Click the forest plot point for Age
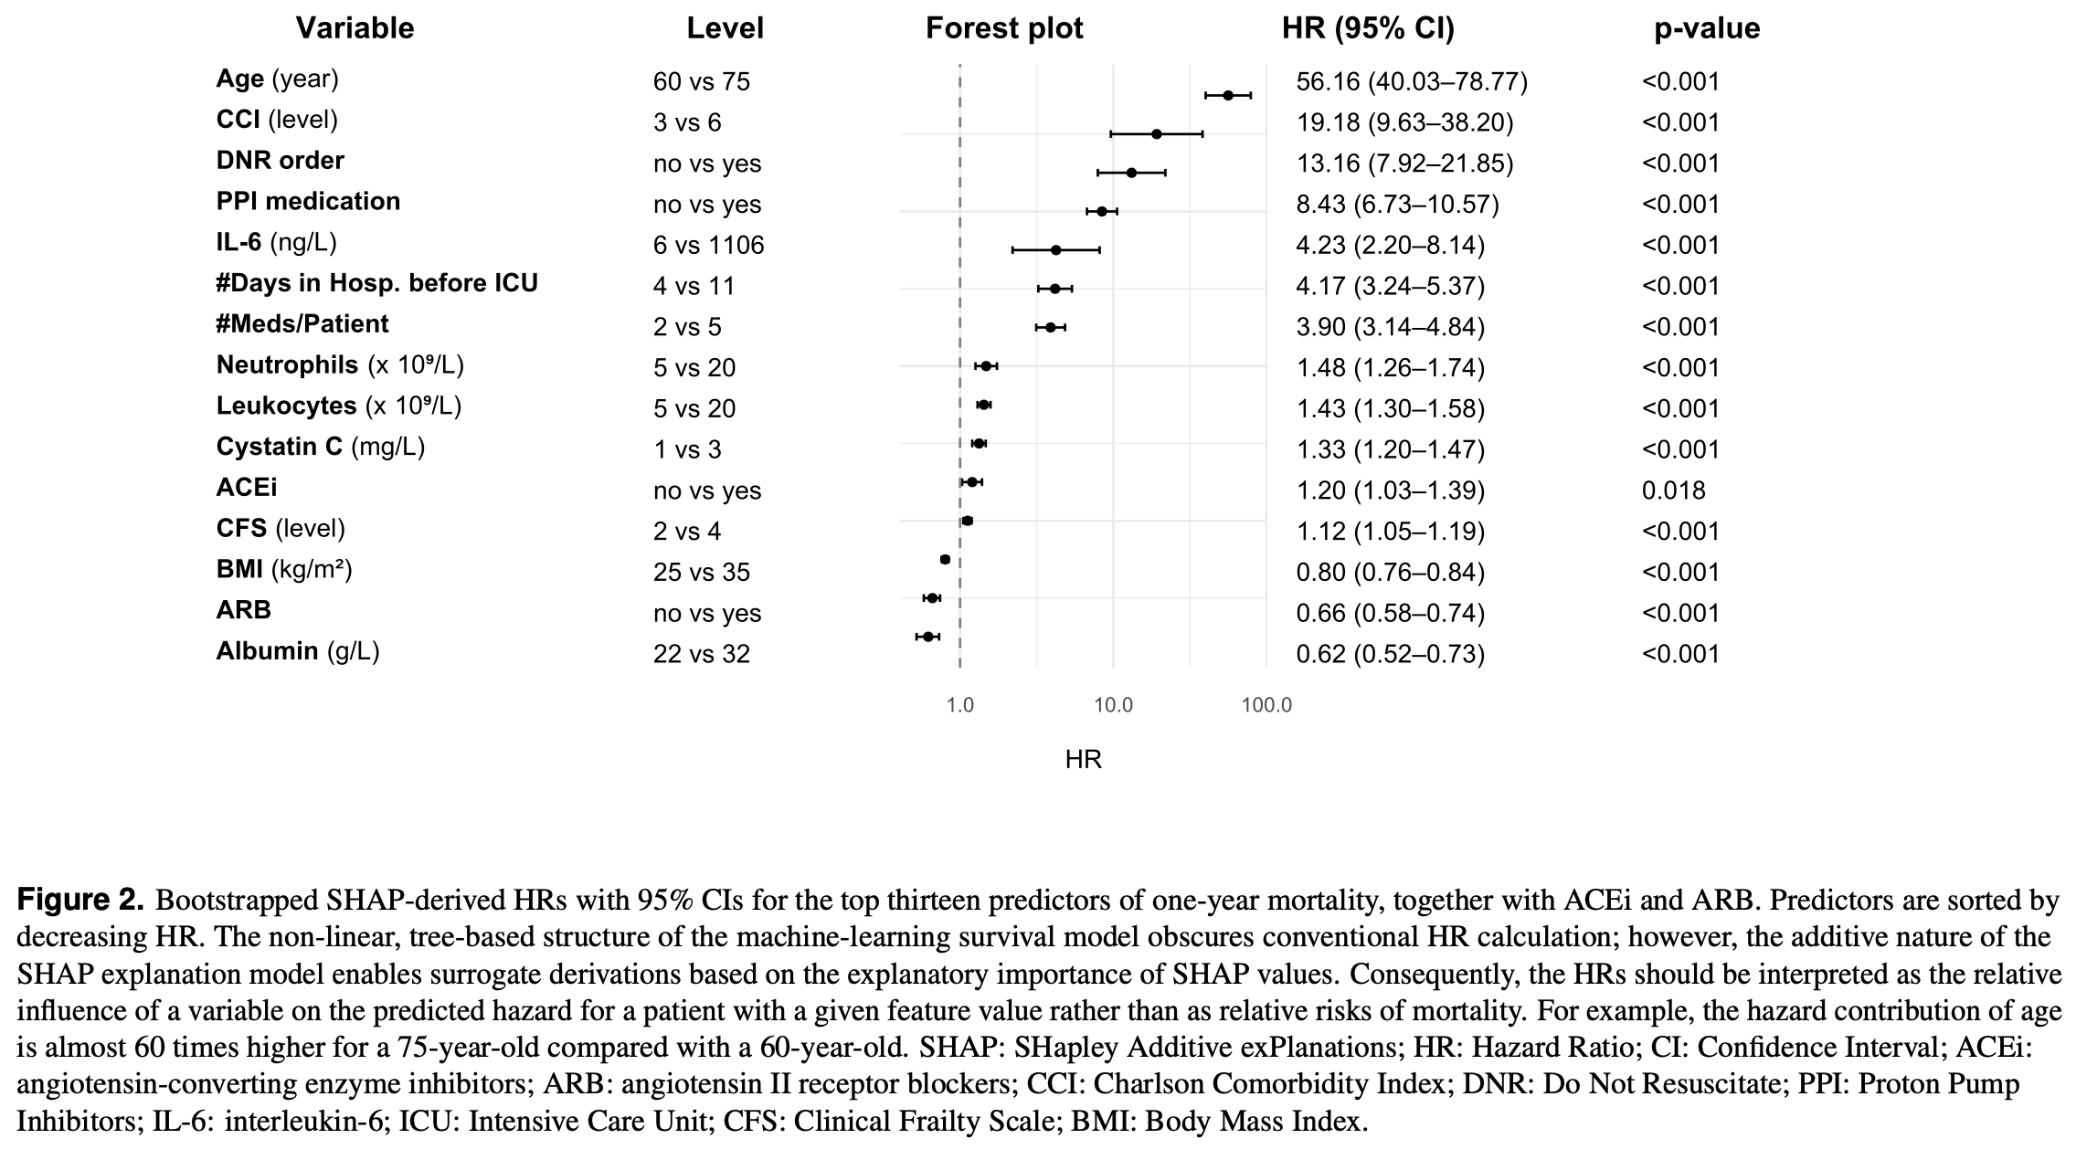pos(1228,95)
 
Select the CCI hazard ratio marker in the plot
pos(1157,134)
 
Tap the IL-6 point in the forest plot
pos(1056,249)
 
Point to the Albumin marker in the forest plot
pos(928,637)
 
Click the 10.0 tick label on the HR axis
pos(1113,705)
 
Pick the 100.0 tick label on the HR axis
pos(1266,705)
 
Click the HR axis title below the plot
pos(1084,760)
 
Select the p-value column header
pos(1707,28)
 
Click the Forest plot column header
pos(1004,28)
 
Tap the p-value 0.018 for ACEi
pos(1673,490)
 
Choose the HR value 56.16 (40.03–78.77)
pos(1412,82)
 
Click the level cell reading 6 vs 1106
pos(708,246)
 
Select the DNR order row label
pos(280,161)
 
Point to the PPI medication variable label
pos(308,202)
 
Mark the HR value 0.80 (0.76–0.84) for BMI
pos(1390,572)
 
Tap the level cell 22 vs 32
pos(701,654)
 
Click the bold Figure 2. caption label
pos(80,901)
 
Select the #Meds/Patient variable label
pos(302,324)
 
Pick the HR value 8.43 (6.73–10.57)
pos(1397,205)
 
